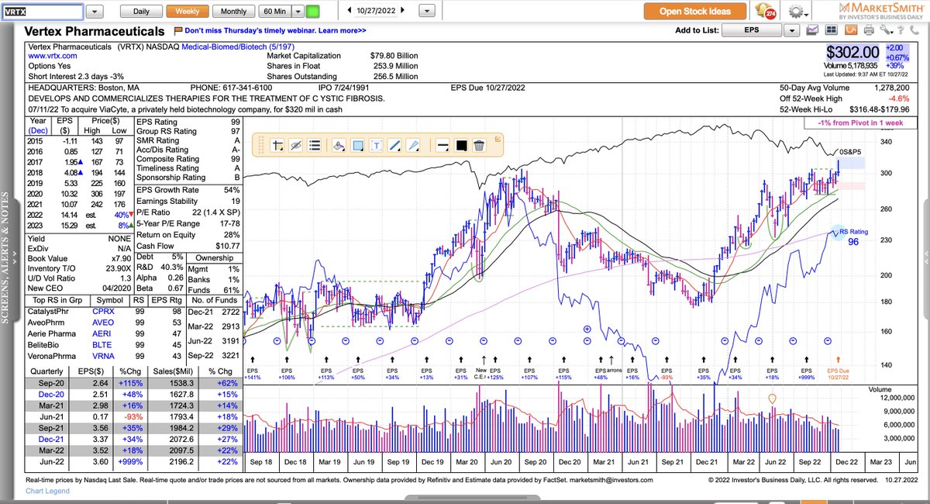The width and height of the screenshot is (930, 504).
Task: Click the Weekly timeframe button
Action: pos(188,12)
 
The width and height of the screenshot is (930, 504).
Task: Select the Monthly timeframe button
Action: pos(233,12)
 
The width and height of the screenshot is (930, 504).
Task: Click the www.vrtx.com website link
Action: pos(52,57)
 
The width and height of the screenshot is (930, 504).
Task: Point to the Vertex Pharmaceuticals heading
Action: pos(95,32)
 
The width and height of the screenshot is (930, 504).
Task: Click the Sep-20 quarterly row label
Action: pos(46,382)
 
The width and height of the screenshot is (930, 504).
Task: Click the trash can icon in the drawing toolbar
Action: pos(479,145)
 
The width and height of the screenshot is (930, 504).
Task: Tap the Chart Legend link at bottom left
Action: pos(48,491)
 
